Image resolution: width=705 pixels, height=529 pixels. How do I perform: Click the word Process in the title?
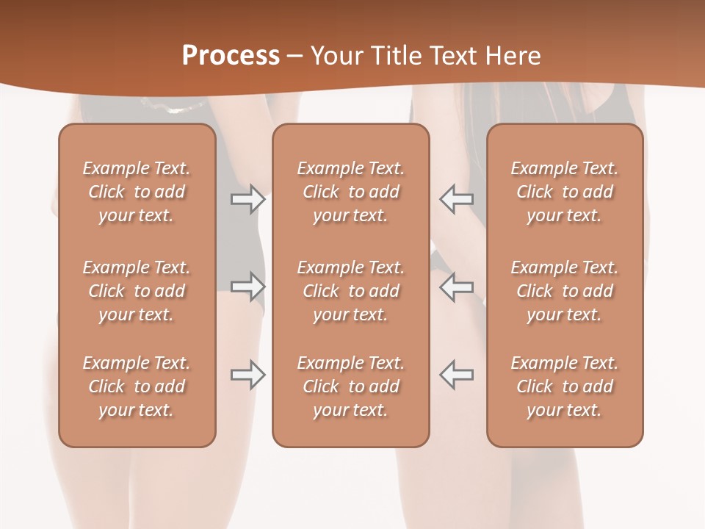pyautogui.click(x=231, y=56)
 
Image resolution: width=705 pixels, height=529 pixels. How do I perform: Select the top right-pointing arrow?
pyautogui.click(x=248, y=199)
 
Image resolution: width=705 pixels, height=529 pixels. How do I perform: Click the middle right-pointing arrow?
pyautogui.click(x=248, y=287)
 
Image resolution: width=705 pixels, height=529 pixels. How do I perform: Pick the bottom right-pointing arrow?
pyautogui.click(x=248, y=375)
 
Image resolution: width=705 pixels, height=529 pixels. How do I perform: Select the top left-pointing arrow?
pyautogui.click(x=457, y=199)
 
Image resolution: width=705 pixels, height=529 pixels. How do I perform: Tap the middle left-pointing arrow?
pyautogui.click(x=457, y=287)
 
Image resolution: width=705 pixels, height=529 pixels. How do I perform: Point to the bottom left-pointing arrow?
pyautogui.click(x=457, y=375)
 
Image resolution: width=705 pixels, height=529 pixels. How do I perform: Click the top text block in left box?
pyautogui.click(x=137, y=192)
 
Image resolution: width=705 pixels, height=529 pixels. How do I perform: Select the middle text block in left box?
pyautogui.click(x=137, y=291)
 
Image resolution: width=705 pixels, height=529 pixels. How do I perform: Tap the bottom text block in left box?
pyautogui.click(x=137, y=386)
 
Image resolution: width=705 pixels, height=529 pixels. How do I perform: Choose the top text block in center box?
pyautogui.click(x=350, y=192)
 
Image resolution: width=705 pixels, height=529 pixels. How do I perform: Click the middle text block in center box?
pyautogui.click(x=350, y=291)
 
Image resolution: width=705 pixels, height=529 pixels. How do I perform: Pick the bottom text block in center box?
pyautogui.click(x=350, y=386)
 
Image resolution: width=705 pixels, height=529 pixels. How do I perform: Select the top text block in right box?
pyautogui.click(x=565, y=192)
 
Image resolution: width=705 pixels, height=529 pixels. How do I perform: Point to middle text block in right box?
pyautogui.click(x=565, y=291)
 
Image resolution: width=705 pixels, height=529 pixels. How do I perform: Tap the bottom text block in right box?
pyautogui.click(x=565, y=386)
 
